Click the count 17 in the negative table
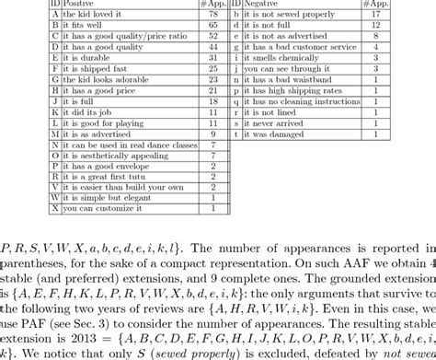[401, 16]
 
